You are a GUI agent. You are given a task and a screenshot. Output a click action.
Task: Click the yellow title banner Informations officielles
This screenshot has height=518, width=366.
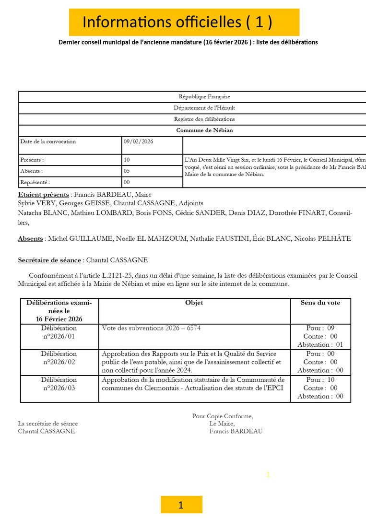point(184,22)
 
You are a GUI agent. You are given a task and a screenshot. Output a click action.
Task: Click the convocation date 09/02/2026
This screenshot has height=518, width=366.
point(139,141)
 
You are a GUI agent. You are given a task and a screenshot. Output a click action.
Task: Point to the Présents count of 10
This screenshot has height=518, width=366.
point(127,160)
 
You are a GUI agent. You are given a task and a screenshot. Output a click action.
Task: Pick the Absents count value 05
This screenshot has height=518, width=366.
point(127,171)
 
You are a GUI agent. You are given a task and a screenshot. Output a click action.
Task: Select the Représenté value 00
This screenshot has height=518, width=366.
point(127,182)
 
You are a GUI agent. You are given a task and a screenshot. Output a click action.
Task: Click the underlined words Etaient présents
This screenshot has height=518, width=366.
point(43,195)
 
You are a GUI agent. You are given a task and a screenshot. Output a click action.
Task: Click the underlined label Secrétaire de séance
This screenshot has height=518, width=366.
point(49,260)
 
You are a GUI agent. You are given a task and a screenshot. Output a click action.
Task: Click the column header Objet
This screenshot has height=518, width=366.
point(194,303)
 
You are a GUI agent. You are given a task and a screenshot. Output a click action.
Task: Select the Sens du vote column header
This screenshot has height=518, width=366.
point(320,303)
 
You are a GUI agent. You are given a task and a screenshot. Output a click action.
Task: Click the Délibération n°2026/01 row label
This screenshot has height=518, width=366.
point(59,332)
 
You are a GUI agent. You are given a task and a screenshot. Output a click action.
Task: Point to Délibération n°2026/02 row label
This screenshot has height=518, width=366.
point(59,358)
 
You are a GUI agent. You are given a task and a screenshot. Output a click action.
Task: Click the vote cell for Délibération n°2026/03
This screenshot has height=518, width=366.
point(320,388)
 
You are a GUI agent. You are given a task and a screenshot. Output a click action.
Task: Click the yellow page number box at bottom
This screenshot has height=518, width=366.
point(181,505)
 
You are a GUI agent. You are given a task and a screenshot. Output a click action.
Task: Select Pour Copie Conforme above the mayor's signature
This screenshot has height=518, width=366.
point(223,416)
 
